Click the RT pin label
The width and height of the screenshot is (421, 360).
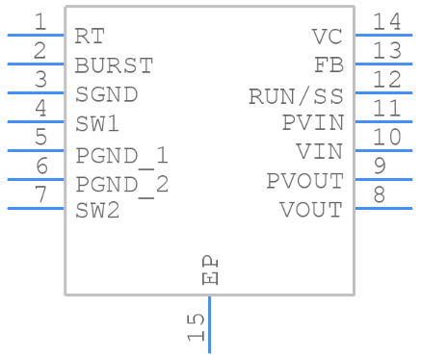point(90,37)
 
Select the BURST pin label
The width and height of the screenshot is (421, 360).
point(114,65)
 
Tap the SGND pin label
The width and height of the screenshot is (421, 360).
point(106,94)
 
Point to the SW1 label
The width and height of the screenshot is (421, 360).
point(97,123)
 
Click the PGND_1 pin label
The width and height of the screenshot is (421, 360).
point(121,154)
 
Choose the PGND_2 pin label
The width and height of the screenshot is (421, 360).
point(121,183)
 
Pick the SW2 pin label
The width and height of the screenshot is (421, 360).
point(97,210)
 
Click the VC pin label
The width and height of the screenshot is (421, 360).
point(327,37)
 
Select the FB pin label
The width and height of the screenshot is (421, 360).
point(329,65)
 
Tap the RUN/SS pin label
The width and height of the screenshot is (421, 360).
point(295,95)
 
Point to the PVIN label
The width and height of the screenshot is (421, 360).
point(311,123)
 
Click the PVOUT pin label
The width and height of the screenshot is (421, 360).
point(303,181)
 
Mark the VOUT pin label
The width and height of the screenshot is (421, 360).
point(310,210)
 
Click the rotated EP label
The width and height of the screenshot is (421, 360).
point(210,270)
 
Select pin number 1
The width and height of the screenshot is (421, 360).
point(39,21)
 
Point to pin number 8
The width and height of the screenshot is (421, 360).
point(380,194)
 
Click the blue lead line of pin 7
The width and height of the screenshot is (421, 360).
point(36,208)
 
